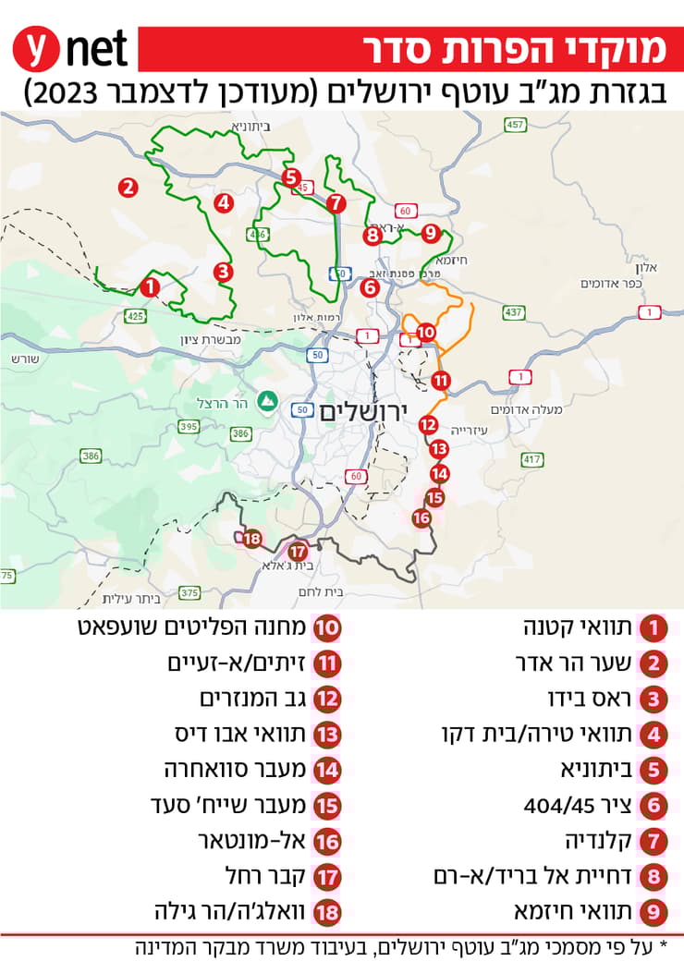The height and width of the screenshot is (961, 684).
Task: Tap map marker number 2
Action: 128,187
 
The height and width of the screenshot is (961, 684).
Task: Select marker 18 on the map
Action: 251,539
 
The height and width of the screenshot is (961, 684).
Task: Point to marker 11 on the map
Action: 441,380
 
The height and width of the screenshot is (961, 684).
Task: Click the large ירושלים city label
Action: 361,413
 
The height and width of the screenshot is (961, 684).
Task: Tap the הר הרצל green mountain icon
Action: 266,401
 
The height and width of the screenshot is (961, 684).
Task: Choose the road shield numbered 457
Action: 516,125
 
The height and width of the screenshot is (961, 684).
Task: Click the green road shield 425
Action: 136,316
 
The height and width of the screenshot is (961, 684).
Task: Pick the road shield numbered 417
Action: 531,458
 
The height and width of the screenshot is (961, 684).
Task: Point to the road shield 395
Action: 189,426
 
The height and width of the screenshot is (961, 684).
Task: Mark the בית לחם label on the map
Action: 322,591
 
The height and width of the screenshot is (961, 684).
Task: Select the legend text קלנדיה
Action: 602,840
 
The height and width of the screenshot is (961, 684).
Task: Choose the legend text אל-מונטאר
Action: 242,840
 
